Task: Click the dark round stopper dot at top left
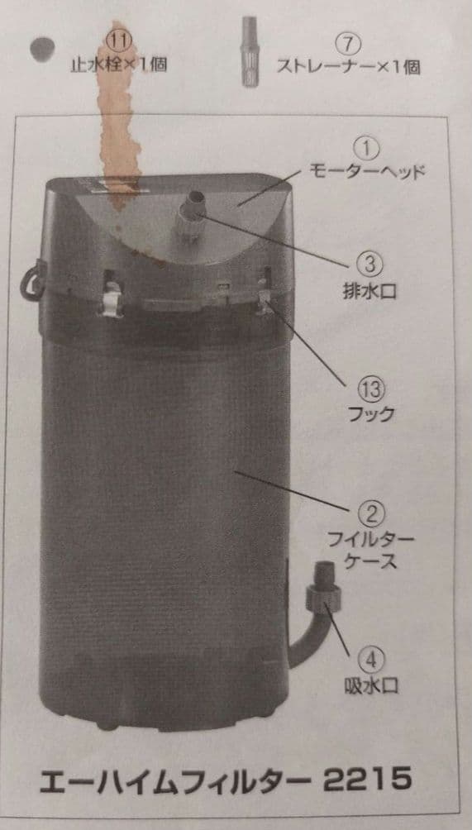41,49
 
